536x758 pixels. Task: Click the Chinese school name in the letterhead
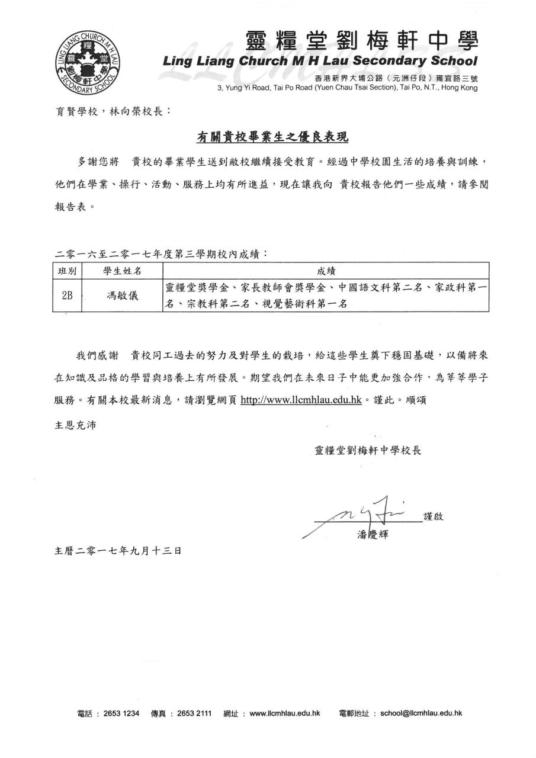pyautogui.click(x=361, y=42)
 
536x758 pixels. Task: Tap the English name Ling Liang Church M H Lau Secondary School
pyautogui.click(x=320, y=61)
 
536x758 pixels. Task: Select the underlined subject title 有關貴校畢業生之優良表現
pyautogui.click(x=272, y=137)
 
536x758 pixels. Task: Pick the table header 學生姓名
pyautogui.click(x=122, y=271)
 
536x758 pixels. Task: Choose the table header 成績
pyautogui.click(x=326, y=271)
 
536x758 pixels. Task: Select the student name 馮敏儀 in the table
pyautogui.click(x=122, y=296)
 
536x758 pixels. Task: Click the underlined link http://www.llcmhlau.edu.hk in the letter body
pyautogui.click(x=301, y=400)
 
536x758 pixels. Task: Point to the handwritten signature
pyautogui.click(x=367, y=510)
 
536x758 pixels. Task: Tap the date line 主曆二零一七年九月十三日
pyautogui.click(x=118, y=551)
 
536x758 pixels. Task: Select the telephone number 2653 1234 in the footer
pyautogui.click(x=121, y=713)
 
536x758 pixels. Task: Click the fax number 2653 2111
pyautogui.click(x=194, y=713)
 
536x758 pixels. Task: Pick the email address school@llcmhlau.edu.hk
pyautogui.click(x=421, y=713)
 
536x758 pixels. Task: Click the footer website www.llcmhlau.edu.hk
pyautogui.click(x=285, y=713)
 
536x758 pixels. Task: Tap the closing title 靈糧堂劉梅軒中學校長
pyautogui.click(x=368, y=450)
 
